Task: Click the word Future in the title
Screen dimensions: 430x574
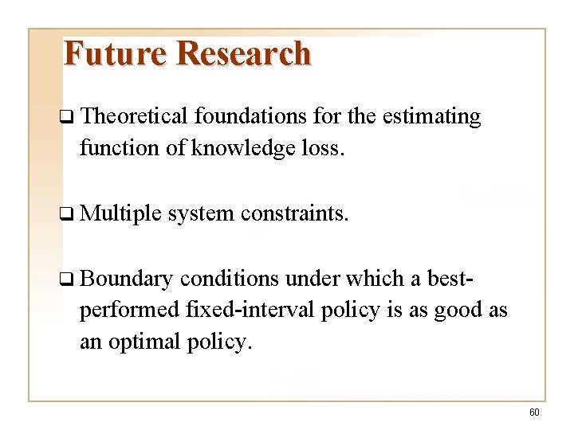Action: (x=116, y=53)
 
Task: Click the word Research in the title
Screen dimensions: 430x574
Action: (x=244, y=53)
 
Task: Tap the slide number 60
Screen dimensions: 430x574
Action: (x=534, y=412)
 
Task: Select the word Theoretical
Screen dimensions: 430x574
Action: (x=134, y=117)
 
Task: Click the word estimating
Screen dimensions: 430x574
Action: (x=432, y=117)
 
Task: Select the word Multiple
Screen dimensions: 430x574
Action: (x=121, y=213)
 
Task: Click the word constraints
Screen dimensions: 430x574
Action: (x=294, y=213)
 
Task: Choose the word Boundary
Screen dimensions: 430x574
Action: (x=127, y=279)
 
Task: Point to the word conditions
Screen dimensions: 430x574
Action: (x=230, y=279)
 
